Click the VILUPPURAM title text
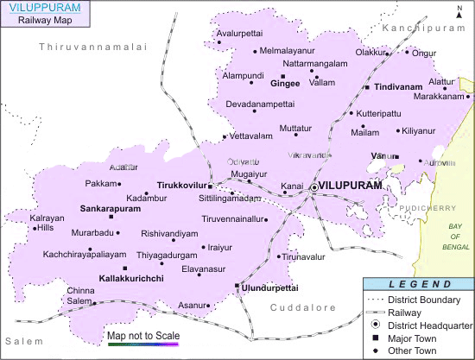point(44,8)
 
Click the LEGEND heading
point(418,285)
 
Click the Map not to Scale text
point(142,335)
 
